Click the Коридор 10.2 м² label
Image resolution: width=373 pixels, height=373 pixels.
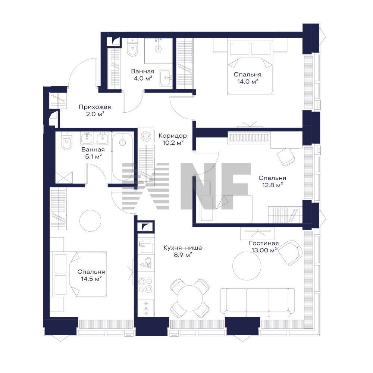(173, 139)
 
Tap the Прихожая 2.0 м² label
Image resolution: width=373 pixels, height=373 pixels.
(95, 110)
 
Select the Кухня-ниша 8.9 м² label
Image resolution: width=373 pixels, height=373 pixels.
(183, 251)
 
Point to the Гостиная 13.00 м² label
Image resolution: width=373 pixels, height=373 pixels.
(264, 247)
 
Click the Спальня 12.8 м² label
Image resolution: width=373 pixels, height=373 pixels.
(272, 181)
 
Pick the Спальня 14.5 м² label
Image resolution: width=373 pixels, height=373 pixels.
(91, 275)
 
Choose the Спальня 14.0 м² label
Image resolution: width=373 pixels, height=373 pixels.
(248, 78)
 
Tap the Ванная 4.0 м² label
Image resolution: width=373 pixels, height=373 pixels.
(143, 75)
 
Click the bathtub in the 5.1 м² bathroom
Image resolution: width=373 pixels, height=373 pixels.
(122, 158)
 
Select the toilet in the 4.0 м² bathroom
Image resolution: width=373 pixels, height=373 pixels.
(132, 48)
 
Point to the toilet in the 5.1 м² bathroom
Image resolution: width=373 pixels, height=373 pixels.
(66, 141)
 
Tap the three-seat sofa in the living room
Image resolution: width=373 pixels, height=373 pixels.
(257, 303)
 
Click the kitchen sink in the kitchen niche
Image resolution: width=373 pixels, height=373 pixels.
(145, 246)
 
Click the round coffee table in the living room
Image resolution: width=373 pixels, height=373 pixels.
(247, 265)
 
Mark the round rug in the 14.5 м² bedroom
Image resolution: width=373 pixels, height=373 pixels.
(90, 220)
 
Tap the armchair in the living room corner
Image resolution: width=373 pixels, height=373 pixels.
(290, 253)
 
